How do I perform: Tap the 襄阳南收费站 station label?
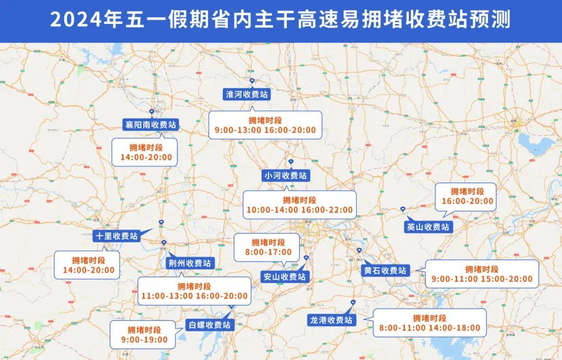coord(151,125)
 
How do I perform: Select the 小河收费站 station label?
coord(285,175)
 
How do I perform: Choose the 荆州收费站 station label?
coord(189,263)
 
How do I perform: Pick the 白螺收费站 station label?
coord(210,325)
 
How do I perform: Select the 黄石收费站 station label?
coord(385,271)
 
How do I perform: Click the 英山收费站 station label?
coord(427,227)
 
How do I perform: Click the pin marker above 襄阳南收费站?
coord(151,112)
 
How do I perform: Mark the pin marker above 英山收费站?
coord(403,209)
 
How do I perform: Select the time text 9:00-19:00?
coord(145,340)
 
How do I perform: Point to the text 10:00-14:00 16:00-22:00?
coord(299,210)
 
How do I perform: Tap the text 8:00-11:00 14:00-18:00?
coord(429,328)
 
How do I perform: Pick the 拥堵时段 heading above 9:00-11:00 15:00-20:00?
coord(481,269)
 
